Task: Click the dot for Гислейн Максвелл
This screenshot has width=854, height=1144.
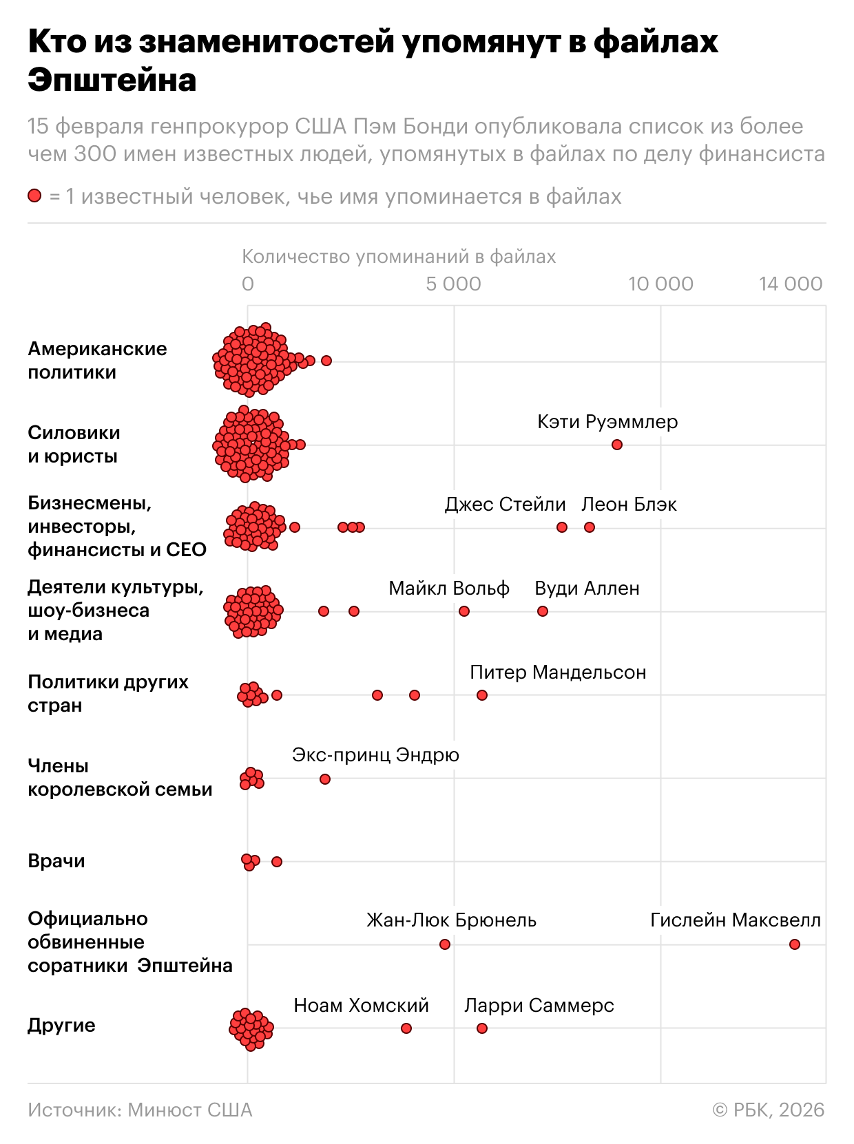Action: click(795, 944)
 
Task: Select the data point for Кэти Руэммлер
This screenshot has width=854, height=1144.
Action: click(617, 445)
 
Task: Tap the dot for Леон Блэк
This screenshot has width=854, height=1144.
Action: click(590, 527)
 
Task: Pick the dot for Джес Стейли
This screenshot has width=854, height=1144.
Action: click(562, 527)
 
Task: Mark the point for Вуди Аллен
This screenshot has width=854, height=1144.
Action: click(543, 611)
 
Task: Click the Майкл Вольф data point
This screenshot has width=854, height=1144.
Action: click(464, 611)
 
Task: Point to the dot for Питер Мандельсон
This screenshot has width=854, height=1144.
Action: click(482, 695)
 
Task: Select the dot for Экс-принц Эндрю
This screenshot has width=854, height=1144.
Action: click(325, 779)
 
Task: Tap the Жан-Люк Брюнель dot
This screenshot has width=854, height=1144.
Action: click(445, 944)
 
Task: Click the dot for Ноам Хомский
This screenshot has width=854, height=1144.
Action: click(406, 1028)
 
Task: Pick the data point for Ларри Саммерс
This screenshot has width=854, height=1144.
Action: click(482, 1028)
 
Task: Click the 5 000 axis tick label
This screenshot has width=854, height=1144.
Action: click(453, 284)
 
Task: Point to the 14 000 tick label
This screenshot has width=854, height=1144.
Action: click(791, 284)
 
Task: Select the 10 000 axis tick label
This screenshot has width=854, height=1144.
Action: click(660, 284)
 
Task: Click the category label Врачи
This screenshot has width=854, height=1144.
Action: click(56, 861)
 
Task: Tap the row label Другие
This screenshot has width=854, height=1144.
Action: click(61, 1026)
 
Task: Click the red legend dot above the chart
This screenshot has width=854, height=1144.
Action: click(34, 196)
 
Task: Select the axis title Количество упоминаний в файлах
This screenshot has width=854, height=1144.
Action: click(399, 257)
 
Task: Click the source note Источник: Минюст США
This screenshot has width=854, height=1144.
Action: click(140, 1110)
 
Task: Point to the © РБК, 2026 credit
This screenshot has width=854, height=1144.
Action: click(769, 1110)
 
